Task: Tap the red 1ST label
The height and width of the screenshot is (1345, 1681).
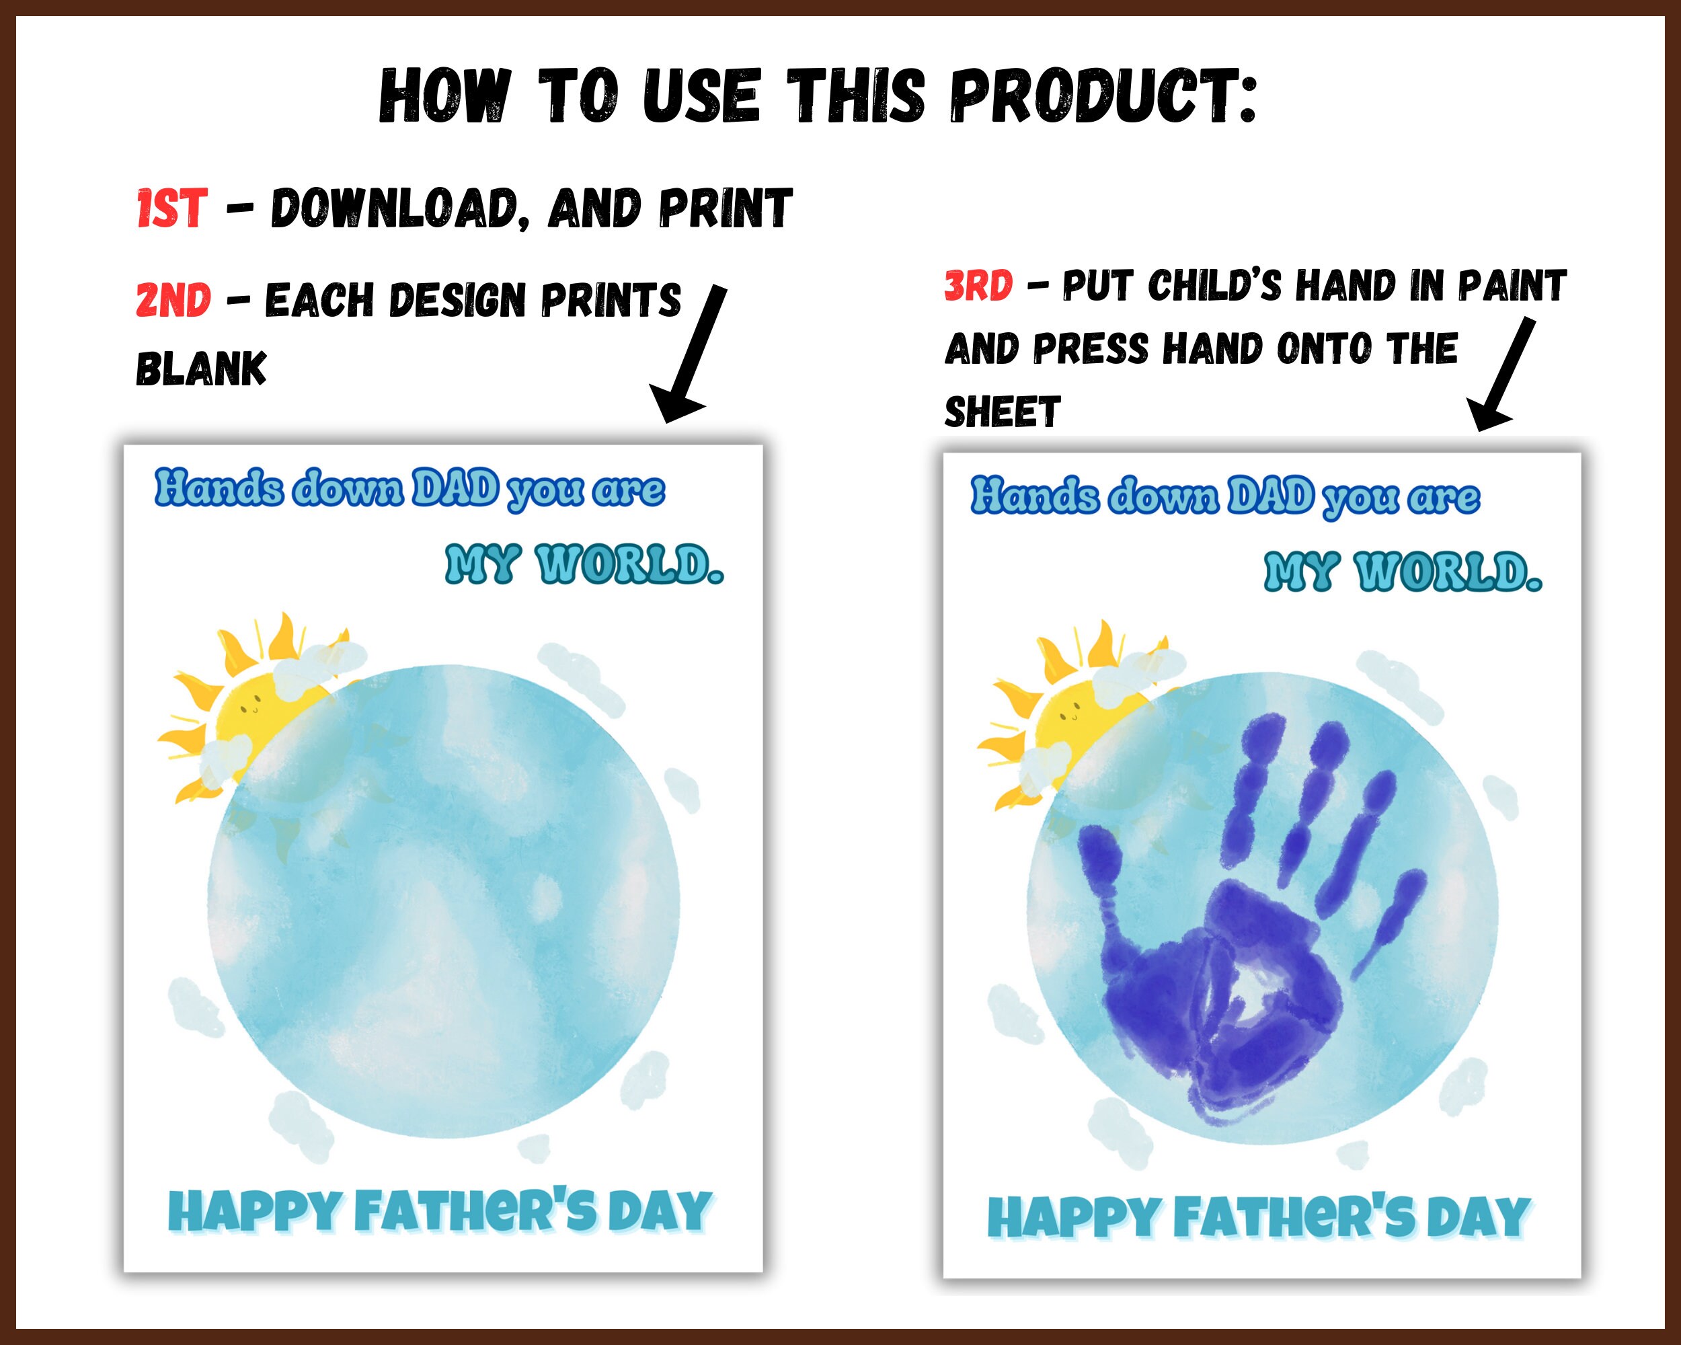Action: pos(172,208)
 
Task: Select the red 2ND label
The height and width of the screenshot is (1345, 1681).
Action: pos(173,300)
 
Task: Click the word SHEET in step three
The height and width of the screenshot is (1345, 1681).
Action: pos(1003,412)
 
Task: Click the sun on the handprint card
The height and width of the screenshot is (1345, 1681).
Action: pos(1068,716)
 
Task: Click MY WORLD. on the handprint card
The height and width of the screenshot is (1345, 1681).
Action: pos(1403,572)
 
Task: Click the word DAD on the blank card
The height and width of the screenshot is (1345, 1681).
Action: pos(455,489)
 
